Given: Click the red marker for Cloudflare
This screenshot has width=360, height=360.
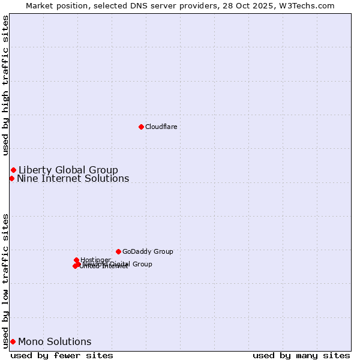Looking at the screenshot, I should coord(141,127).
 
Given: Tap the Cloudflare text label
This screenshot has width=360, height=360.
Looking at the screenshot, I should coord(161,127).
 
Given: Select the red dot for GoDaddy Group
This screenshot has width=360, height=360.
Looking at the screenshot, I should coord(118,251).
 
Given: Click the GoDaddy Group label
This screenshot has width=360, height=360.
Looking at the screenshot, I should coord(148,251).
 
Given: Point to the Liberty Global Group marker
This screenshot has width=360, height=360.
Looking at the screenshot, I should coord(13,170).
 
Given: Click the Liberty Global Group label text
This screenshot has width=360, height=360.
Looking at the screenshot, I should coord(68,170).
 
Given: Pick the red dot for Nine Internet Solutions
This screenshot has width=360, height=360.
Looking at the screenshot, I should coord(11,178).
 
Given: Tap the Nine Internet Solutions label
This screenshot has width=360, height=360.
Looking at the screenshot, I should coord(73,178).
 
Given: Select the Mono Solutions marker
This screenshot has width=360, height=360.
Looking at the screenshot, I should coord(13,341).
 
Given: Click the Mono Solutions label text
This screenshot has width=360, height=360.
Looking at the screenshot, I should coord(55,341).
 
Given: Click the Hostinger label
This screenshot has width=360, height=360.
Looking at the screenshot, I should coord(95,260).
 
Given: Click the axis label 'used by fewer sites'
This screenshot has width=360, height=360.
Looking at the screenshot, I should coord(62,355).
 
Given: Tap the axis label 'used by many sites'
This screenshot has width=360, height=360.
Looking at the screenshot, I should coord(301,355).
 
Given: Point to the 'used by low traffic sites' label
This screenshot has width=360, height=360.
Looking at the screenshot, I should coord(6,280).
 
